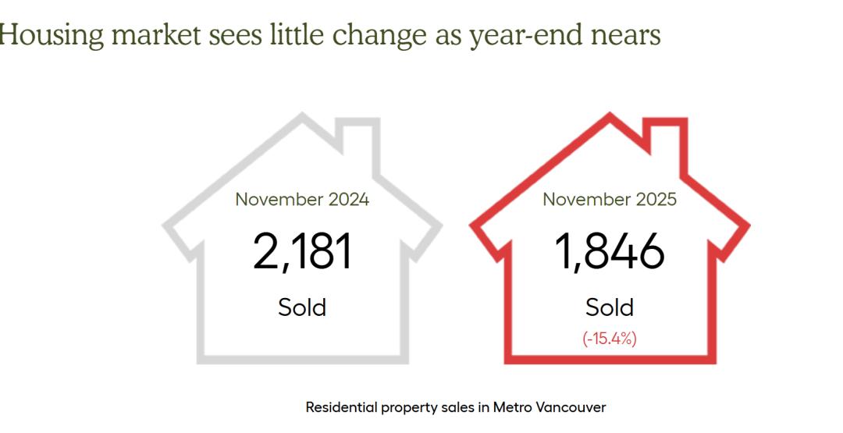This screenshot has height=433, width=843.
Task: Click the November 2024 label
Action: click(x=302, y=199)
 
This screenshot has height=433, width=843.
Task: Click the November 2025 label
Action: click(x=610, y=199)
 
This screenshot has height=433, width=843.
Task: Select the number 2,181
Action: click(x=302, y=252)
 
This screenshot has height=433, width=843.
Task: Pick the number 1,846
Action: click(x=610, y=252)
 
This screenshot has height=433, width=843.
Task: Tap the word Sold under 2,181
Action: click(x=302, y=307)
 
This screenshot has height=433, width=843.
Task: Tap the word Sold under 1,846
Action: click(x=610, y=307)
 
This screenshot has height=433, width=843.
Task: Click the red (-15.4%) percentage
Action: click(x=610, y=339)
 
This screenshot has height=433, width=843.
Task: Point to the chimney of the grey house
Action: click(x=359, y=137)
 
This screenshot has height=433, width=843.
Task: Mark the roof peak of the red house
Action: click(x=610, y=117)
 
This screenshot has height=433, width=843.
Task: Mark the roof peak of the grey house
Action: click(x=302, y=117)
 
